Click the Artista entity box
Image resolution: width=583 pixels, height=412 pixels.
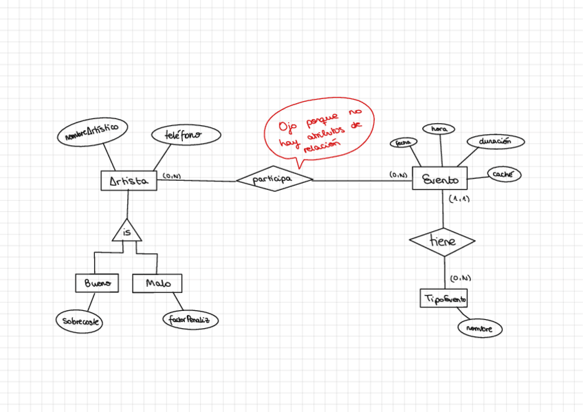click(129, 180)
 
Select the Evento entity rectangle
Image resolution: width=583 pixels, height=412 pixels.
click(440, 179)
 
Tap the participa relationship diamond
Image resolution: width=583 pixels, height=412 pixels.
click(274, 179)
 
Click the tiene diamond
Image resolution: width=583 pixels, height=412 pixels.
click(442, 241)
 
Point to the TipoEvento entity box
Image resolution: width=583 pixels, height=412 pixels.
click(444, 299)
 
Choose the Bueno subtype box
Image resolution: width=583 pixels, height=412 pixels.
click(97, 283)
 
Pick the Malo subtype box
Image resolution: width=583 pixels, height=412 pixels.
click(155, 283)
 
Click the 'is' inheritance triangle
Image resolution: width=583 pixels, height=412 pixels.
click(127, 232)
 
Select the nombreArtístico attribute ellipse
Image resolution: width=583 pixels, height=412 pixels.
click(91, 132)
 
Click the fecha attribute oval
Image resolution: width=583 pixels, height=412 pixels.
click(403, 142)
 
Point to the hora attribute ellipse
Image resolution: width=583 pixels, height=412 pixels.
click(439, 129)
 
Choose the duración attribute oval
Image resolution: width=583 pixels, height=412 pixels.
click(495, 142)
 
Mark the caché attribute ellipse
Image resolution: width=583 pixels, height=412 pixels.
click(503, 174)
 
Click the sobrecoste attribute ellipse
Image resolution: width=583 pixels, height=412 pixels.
click(79, 321)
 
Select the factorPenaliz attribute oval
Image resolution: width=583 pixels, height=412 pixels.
click(190, 320)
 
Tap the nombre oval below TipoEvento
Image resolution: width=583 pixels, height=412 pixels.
click(480, 329)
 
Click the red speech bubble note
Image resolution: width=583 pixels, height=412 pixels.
click(320, 129)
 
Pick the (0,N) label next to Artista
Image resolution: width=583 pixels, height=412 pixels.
click(172, 177)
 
